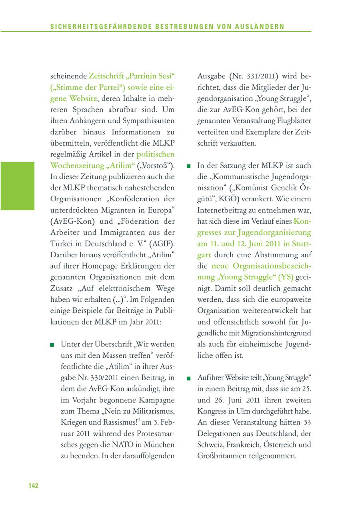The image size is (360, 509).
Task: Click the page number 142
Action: [x=33, y=486]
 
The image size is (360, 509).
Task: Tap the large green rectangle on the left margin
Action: [x=17, y=186]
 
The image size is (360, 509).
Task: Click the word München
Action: [x=159, y=445]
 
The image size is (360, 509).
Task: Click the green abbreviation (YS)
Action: [x=286, y=277]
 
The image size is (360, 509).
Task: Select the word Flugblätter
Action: [x=293, y=120]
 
